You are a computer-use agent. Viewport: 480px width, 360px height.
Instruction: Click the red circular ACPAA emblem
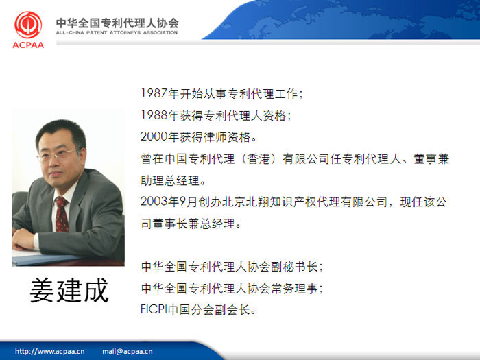28,25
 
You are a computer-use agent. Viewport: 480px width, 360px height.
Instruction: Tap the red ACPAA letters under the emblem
28,45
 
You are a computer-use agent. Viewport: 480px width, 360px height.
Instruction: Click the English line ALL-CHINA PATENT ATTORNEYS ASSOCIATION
117,32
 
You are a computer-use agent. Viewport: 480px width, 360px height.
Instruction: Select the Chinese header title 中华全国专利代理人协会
117,23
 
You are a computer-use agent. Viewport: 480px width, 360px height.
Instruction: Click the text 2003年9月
169,202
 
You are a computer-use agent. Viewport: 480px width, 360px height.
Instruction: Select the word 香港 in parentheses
259,158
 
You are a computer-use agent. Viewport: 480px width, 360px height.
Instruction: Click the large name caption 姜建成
69,290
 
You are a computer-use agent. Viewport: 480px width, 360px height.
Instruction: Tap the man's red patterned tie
62,214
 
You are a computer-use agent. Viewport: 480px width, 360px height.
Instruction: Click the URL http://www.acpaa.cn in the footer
50,351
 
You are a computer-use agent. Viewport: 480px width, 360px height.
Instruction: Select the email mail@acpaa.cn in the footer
128,351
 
